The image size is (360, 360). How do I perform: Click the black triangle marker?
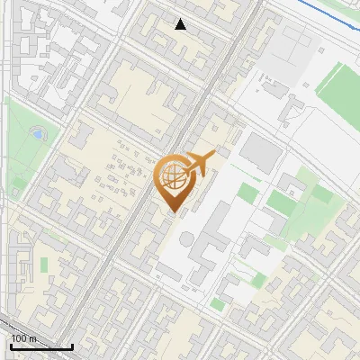coord(181,24)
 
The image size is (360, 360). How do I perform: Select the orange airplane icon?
coord(201,163)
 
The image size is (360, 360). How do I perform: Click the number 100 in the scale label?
coord(21,338)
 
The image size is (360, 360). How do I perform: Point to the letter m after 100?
coord(34,338)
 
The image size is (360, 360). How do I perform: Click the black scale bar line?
coord(41,346)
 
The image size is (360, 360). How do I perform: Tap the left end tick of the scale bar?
coord(11,345)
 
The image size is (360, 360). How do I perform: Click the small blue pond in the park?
coord(37,134)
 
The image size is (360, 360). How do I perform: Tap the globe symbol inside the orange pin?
coord(176,178)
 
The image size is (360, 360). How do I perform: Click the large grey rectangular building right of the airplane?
coord(261,153)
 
